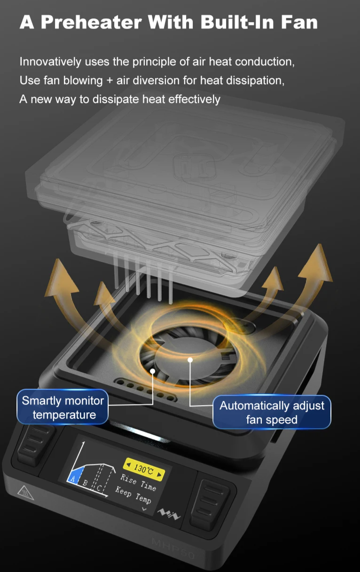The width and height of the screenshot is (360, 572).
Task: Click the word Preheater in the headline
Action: [91, 22]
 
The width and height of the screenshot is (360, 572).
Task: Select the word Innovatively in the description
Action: [50, 62]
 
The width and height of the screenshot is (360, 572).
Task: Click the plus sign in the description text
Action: [110, 81]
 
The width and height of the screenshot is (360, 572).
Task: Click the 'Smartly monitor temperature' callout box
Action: [63, 407]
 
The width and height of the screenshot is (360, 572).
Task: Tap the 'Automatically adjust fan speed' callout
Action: [272, 412]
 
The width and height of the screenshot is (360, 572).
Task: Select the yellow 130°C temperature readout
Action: [144, 470]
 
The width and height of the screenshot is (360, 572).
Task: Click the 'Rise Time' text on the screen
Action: [138, 482]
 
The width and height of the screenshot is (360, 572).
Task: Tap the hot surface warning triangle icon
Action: [25, 493]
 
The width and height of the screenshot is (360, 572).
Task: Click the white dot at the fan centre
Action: [190, 360]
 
